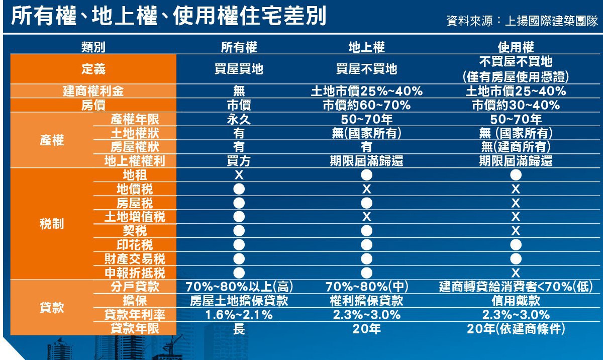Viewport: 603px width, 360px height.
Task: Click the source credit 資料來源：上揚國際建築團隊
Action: [522, 21]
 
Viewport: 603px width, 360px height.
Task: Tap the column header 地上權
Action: [367, 47]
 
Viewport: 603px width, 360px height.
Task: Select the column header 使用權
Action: [516, 47]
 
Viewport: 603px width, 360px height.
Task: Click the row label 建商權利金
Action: [93, 91]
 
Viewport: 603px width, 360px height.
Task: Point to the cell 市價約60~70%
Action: [367, 105]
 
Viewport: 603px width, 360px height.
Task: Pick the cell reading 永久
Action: [239, 119]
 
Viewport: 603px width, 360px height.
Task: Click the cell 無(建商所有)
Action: [516, 147]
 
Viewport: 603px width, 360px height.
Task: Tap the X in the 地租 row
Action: [239, 175]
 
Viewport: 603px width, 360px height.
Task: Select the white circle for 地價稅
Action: [239, 189]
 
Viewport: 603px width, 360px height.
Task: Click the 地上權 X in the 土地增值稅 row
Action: [367, 217]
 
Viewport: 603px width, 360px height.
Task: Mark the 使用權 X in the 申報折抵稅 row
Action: [516, 273]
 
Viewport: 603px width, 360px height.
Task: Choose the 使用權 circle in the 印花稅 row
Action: [516, 245]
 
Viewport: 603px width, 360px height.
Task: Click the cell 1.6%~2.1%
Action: [239, 315]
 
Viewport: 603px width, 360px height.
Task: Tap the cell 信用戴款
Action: [516, 301]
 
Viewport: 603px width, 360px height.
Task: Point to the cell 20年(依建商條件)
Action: [516, 329]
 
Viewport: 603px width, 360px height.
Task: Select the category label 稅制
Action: [52, 224]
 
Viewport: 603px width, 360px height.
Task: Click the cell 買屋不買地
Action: [367, 69]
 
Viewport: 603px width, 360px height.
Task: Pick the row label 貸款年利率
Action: [135, 315]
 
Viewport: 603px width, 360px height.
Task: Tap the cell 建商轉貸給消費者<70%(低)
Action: [516, 287]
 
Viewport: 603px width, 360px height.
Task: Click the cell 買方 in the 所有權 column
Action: [239, 161]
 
